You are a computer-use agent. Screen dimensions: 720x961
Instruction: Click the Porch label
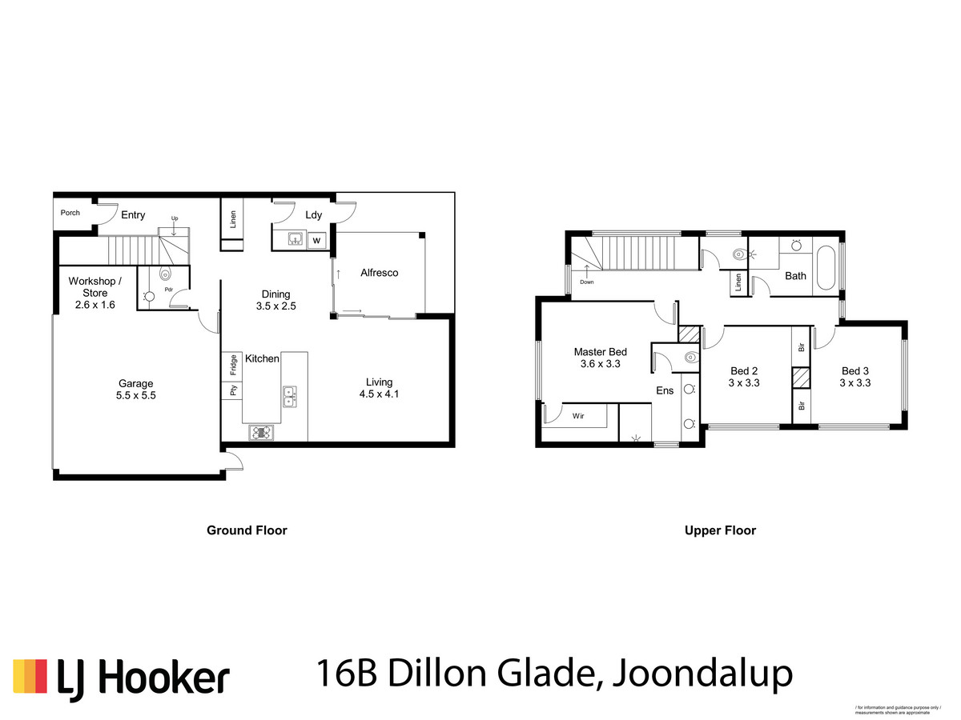click(70, 213)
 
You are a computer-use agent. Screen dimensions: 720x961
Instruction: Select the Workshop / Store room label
click(95, 286)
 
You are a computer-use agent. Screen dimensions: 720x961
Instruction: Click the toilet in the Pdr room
click(166, 272)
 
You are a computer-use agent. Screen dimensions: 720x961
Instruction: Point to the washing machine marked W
click(316, 239)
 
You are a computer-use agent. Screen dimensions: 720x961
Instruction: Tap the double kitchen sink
click(290, 394)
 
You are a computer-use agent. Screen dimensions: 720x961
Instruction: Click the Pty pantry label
click(233, 391)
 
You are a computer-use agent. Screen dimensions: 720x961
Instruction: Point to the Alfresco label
click(379, 273)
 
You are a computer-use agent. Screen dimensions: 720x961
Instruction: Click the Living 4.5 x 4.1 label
click(379, 388)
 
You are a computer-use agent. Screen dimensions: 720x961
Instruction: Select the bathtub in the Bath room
click(826, 268)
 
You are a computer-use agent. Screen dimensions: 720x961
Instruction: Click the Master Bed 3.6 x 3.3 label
click(600, 358)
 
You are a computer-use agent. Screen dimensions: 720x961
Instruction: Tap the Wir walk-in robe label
click(577, 417)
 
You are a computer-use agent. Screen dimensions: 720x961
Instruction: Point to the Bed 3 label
click(855, 377)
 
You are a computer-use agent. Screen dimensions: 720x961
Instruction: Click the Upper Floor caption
click(720, 530)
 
